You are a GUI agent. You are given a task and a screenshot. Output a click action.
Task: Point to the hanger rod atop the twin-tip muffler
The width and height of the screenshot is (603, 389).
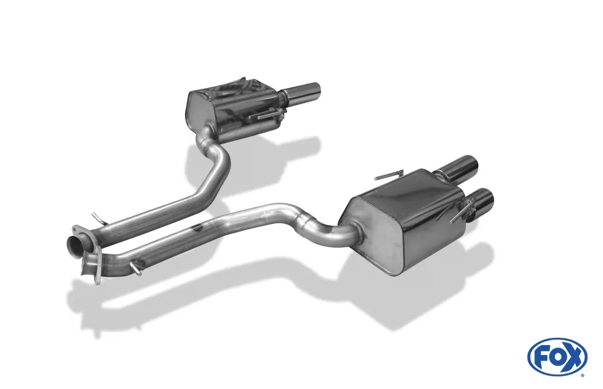389,176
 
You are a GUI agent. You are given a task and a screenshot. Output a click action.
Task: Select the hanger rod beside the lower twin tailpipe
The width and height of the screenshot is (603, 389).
460,213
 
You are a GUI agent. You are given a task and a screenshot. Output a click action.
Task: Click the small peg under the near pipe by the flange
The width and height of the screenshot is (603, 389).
136,268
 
